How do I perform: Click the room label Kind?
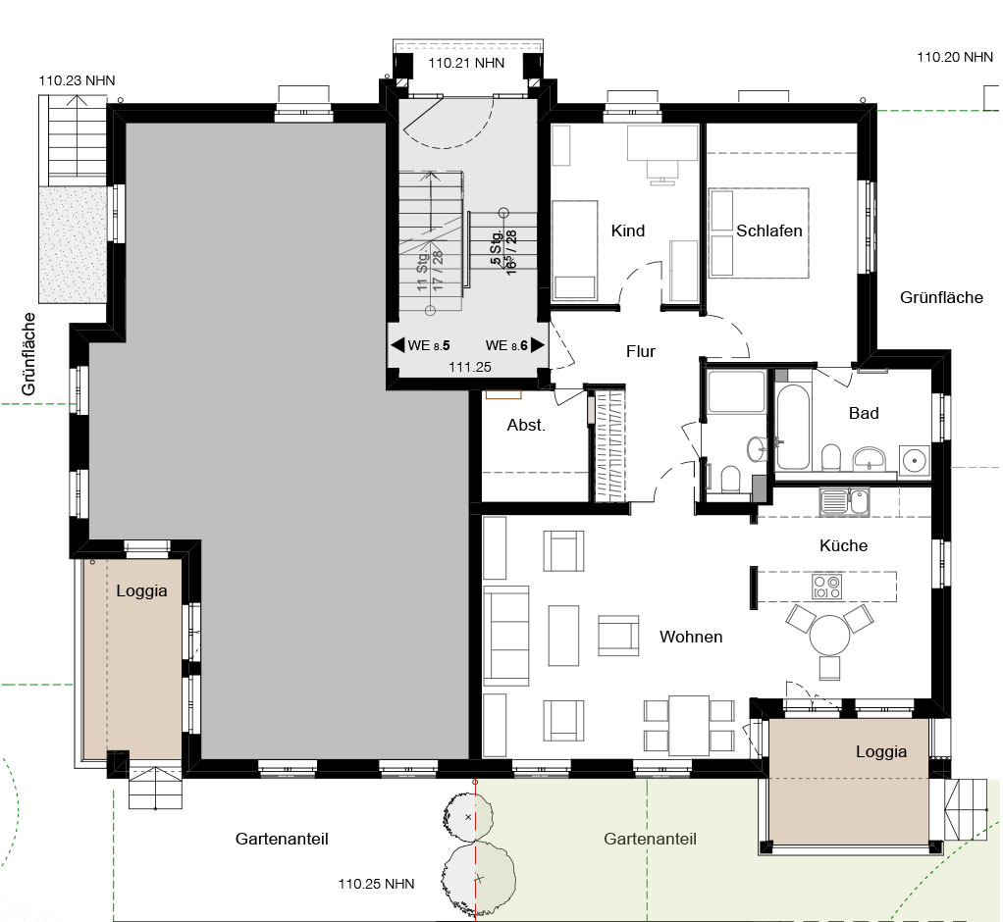coord(627,230)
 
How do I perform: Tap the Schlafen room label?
coord(768,230)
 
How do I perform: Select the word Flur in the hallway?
coord(640,352)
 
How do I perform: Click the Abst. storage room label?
coord(526,425)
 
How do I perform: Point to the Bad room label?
coord(864,413)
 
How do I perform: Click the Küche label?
coord(844,545)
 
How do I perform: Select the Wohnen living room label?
coord(691,637)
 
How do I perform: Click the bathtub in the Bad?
coord(793,427)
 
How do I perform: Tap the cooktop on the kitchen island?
coord(826,587)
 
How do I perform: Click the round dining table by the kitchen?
coord(829,635)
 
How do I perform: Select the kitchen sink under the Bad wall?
coord(844,501)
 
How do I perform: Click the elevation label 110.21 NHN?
coord(466,64)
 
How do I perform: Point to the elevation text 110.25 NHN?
coord(376,885)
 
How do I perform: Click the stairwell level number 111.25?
coord(470,367)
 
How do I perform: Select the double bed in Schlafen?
coord(759,232)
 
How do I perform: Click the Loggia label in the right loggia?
coord(881,752)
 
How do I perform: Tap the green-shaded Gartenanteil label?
coord(650,839)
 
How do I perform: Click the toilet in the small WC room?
coord(730,479)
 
